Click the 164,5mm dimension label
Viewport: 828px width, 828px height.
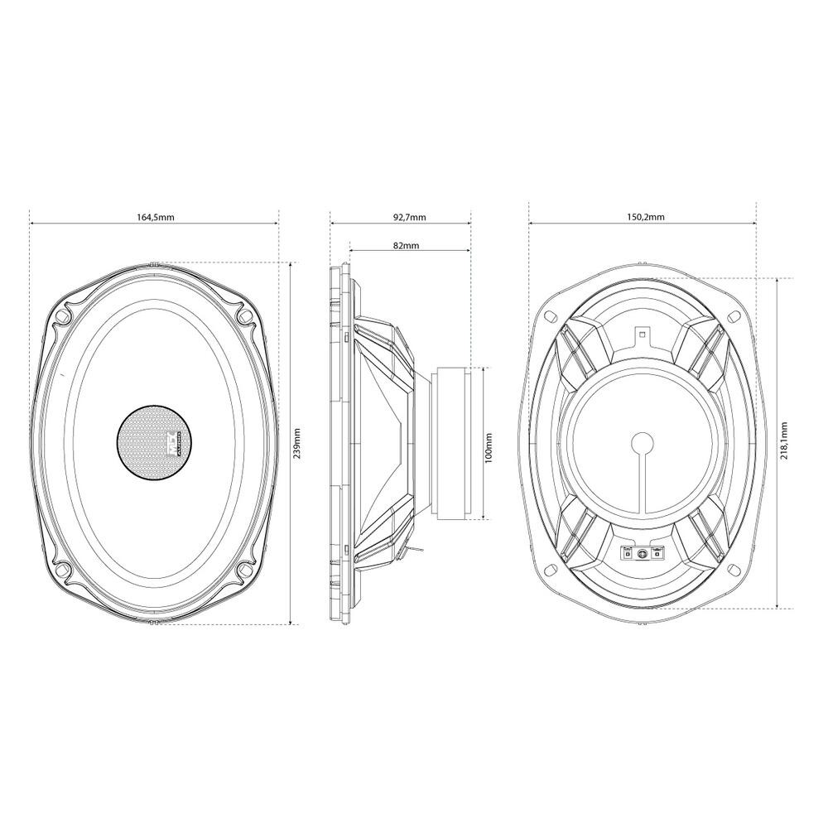pyautogui.click(x=154, y=216)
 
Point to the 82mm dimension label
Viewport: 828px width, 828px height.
pyautogui.click(x=407, y=246)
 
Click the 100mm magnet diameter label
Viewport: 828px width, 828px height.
pyautogui.click(x=489, y=448)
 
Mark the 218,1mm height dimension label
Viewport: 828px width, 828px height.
pyautogui.click(x=784, y=440)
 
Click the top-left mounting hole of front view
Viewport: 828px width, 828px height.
pyautogui.click(x=63, y=315)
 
